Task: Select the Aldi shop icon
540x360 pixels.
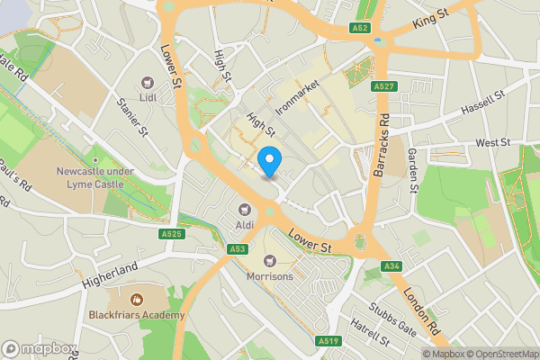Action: pos(241,211)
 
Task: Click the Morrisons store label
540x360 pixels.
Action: pos(270,276)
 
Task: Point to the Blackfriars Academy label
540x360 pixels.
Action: pos(137,315)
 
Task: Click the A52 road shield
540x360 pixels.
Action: pos(360,29)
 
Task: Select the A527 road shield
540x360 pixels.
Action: pos(380,86)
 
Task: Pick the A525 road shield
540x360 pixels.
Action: pos(173,234)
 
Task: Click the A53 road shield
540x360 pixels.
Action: pos(238,249)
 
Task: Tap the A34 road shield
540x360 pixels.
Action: pos(391,266)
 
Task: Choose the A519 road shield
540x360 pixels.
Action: pos(328,341)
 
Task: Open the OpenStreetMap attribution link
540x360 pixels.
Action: pos(500,354)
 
